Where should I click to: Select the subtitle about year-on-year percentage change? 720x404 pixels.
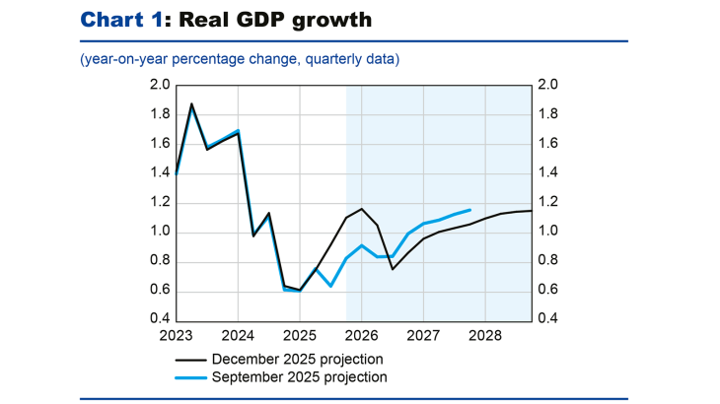pyautogui.click(x=240, y=60)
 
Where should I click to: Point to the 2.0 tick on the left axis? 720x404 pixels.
pyautogui.click(x=159, y=86)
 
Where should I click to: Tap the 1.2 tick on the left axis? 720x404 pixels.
pyautogui.click(x=159, y=203)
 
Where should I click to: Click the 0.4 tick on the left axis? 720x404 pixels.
pyautogui.click(x=159, y=320)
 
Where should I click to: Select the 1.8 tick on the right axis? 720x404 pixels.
pyautogui.click(x=547, y=114)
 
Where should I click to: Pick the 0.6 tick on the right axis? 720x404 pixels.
pyautogui.click(x=547, y=291)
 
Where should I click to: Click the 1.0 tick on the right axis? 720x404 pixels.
pyautogui.click(x=547, y=232)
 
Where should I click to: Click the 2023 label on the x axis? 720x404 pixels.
pyautogui.click(x=177, y=335)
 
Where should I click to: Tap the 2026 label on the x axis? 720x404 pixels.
pyautogui.click(x=361, y=335)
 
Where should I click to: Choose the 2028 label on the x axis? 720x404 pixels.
pyautogui.click(x=484, y=335)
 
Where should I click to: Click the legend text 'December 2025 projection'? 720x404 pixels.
pyautogui.click(x=296, y=359)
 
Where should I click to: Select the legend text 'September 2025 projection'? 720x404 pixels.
pyautogui.click(x=299, y=376)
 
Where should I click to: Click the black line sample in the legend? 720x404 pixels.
pyautogui.click(x=183, y=359)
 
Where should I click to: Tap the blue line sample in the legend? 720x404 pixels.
pyautogui.click(x=183, y=376)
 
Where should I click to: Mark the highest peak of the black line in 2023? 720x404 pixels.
pyautogui.click(x=191, y=103)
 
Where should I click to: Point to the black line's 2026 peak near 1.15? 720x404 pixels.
pyautogui.click(x=362, y=209)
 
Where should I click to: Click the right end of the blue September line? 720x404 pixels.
pyautogui.click(x=469, y=210)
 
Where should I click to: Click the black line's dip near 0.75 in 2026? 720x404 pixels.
pyautogui.click(x=393, y=269)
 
